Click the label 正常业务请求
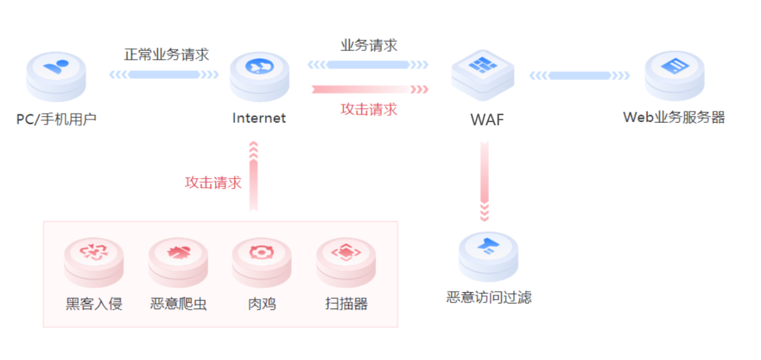pyautogui.click(x=166, y=55)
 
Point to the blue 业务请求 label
pyautogui.click(x=369, y=46)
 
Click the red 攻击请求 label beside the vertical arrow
pyautogui.click(x=213, y=182)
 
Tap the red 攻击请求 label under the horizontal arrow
pyautogui.click(x=369, y=109)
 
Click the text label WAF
pyautogui.click(x=487, y=120)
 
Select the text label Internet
pyautogui.click(x=259, y=118)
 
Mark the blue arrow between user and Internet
pyautogui.click(x=164, y=75)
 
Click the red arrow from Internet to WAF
pyautogui.click(x=369, y=89)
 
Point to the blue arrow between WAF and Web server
pyautogui.click(x=579, y=75)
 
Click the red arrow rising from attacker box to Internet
pyautogui.click(x=253, y=177)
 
